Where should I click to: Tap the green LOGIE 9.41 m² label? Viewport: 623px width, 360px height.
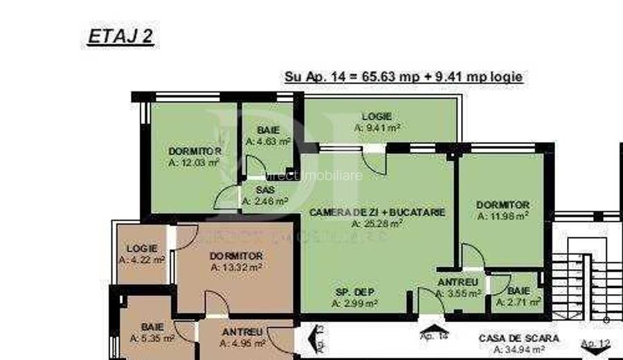pyautogui.click(x=377, y=122)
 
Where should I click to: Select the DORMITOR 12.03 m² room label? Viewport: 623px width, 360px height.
pyautogui.click(x=195, y=157)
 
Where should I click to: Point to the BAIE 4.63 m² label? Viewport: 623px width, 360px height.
pyautogui.click(x=268, y=135)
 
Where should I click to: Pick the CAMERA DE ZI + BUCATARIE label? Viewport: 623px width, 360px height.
pyautogui.click(x=377, y=217)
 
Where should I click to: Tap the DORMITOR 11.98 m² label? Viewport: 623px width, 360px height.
pyautogui.click(x=503, y=210)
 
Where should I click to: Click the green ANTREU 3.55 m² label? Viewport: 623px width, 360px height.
pyautogui.click(x=458, y=287)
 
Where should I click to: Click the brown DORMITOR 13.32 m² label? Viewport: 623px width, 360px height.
pyautogui.click(x=236, y=261)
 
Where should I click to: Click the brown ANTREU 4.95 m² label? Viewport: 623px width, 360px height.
pyautogui.click(x=242, y=337)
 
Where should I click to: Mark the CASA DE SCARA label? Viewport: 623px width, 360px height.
pyautogui.click(x=519, y=343)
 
